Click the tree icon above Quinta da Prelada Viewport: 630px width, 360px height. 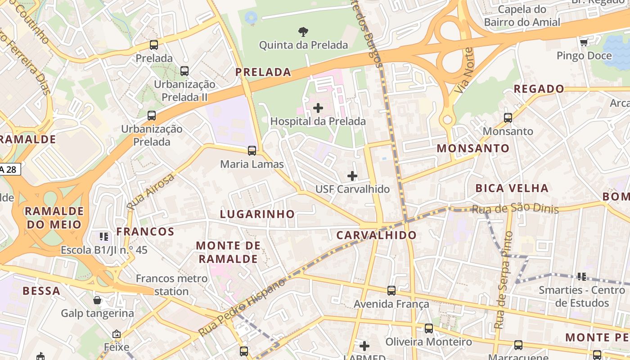point(303,31)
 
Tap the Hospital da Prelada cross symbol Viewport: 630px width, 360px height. point(318,108)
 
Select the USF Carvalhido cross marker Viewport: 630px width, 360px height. point(352,175)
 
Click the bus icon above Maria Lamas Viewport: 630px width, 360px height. point(252,151)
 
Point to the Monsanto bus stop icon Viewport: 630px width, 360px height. point(508,118)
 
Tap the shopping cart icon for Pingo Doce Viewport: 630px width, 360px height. point(584,42)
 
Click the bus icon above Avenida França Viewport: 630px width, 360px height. point(391,291)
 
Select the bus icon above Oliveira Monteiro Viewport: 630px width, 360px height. point(429,328)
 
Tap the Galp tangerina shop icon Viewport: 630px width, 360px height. point(97,300)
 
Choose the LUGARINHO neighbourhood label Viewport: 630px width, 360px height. point(257,214)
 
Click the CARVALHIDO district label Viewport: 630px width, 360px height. point(377,235)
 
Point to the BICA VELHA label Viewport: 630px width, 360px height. point(512,188)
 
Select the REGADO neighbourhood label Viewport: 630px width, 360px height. point(539,89)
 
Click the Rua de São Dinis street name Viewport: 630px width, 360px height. point(515,209)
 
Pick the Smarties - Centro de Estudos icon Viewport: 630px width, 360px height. point(582,276)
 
